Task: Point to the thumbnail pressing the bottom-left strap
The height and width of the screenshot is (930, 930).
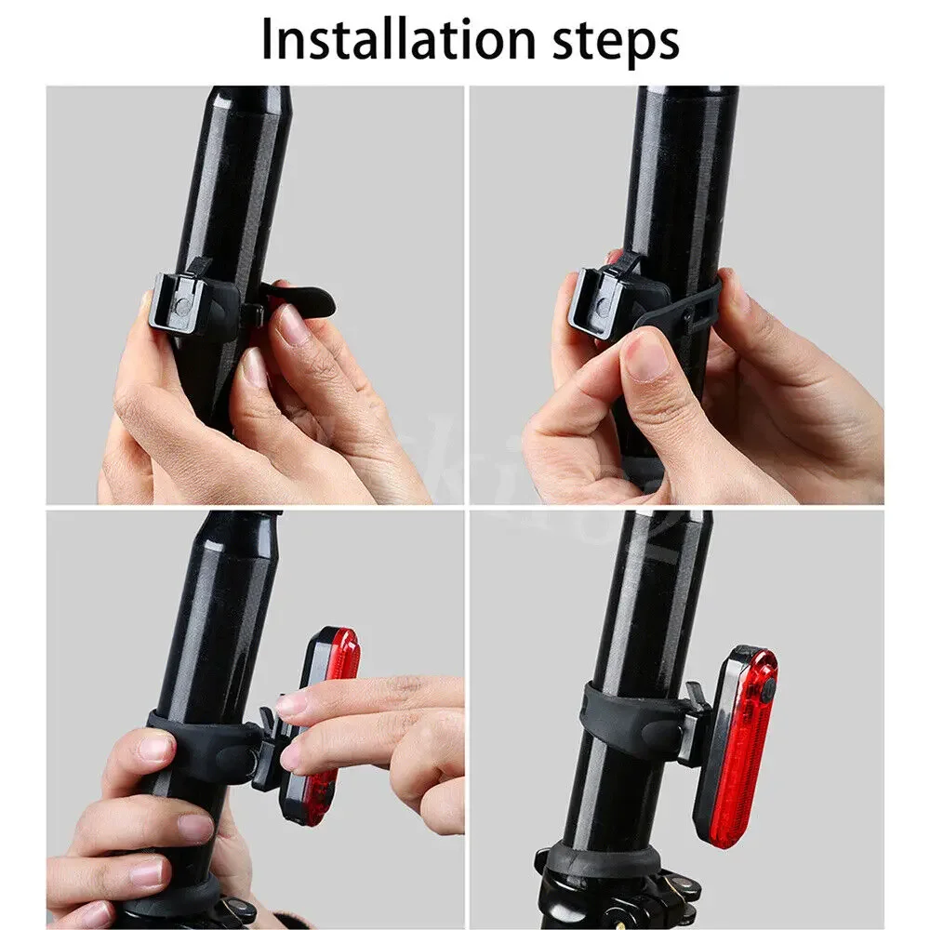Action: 153,747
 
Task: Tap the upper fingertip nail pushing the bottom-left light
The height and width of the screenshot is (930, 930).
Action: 292,704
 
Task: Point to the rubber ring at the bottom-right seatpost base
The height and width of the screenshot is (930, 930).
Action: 595,860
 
